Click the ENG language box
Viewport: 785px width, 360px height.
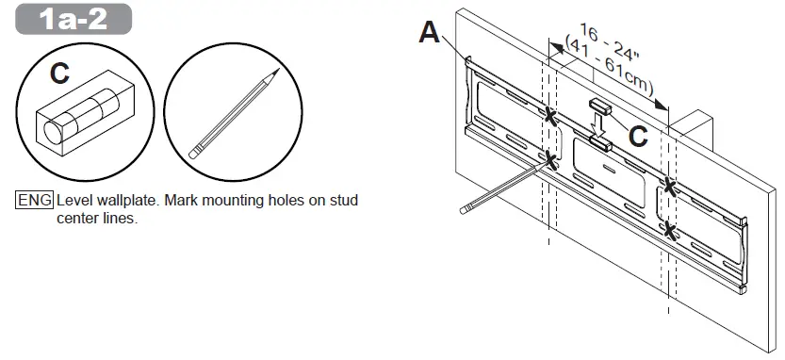tap(34, 202)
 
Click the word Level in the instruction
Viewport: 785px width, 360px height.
tap(75, 202)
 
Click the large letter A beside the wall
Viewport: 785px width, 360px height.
tap(429, 33)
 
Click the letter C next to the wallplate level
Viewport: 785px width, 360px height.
tap(638, 137)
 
